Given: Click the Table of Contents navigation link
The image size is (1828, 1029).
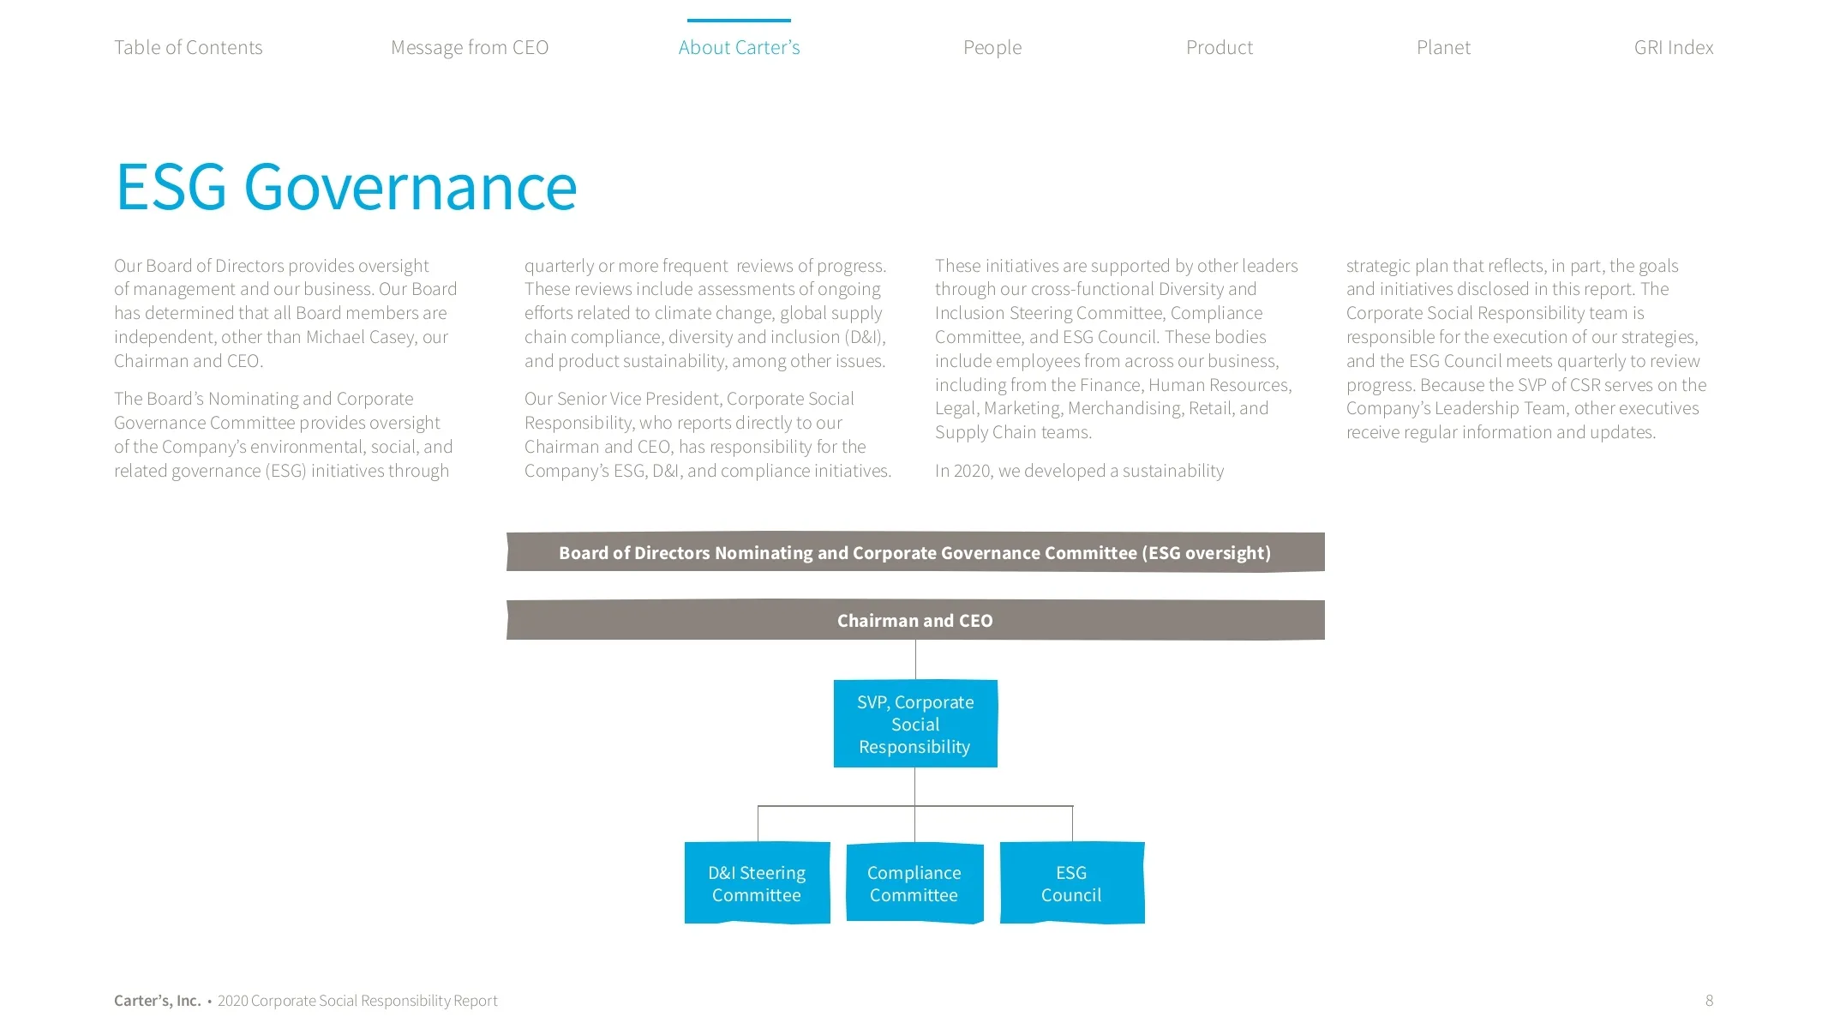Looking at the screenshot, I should coord(188,47).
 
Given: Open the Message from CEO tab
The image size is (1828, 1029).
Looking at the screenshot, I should coord(470,47).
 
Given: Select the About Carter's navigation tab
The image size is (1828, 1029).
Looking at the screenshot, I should coord(739,47).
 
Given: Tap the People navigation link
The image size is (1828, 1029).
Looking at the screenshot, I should coord(992,47).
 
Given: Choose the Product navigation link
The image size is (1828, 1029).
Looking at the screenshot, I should coord(1219,47).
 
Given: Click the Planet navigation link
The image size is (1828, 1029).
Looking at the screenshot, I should coord(1443,47).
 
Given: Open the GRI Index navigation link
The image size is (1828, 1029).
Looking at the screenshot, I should coord(1673,47).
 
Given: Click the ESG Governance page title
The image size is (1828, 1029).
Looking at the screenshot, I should coord(346,186).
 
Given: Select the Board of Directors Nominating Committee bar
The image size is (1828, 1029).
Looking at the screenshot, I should coord(914,552).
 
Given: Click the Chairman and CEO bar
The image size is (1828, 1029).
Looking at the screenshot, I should coord(914,620).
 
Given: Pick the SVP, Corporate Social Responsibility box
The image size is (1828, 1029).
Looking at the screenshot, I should coord(914,724).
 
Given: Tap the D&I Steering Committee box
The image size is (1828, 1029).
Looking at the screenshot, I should coord(757,883).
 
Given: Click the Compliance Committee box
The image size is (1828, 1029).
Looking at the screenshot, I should coord(914,883).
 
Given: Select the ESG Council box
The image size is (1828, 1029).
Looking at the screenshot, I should coord(1071,883).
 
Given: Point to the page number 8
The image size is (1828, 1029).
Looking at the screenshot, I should coord(1709,1001).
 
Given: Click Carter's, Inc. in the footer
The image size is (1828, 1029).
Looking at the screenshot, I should coord(157,1001).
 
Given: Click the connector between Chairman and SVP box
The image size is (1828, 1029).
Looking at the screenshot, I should coord(915,659).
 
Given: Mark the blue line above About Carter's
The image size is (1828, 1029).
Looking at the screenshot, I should coord(739,21).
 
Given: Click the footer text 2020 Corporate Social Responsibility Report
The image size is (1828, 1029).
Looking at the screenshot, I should coord(357,1001).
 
